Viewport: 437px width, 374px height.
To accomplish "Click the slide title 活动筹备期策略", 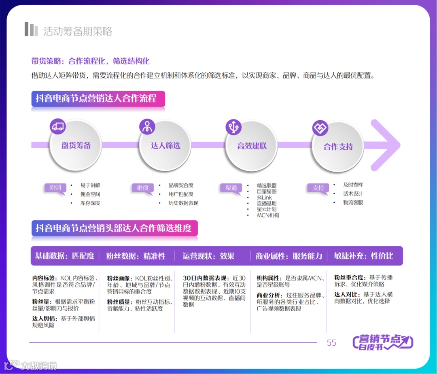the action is tap(78, 31).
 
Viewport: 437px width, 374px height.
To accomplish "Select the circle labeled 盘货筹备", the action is tap(76, 146).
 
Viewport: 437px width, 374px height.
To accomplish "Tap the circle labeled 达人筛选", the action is tap(165, 146).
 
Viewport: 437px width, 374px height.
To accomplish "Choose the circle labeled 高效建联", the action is tap(252, 146).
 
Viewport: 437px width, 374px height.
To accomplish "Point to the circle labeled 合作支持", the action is tap(338, 147).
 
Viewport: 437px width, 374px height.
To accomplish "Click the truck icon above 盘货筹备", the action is tap(58, 126).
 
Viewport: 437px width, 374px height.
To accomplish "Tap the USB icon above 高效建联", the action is tap(233, 127).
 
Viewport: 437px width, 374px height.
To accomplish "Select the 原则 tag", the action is tap(55, 188).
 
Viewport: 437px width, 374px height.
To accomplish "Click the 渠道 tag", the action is tap(231, 188).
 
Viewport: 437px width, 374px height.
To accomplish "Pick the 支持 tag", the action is tap(318, 188).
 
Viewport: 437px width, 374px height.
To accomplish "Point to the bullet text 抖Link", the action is tap(265, 198).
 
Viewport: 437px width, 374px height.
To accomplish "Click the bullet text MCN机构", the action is tap(268, 215).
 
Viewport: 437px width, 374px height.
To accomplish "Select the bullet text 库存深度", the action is tap(90, 203).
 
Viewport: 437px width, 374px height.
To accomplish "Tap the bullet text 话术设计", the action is tap(353, 194).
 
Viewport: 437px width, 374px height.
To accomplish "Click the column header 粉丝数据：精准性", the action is tap(136, 256).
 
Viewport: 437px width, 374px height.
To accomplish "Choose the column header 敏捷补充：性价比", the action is tap(363, 256).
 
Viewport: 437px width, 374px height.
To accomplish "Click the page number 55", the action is tap(331, 343).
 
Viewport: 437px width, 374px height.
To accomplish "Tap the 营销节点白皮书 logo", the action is tap(383, 342).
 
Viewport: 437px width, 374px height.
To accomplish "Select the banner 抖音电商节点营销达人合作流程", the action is tap(98, 98).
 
